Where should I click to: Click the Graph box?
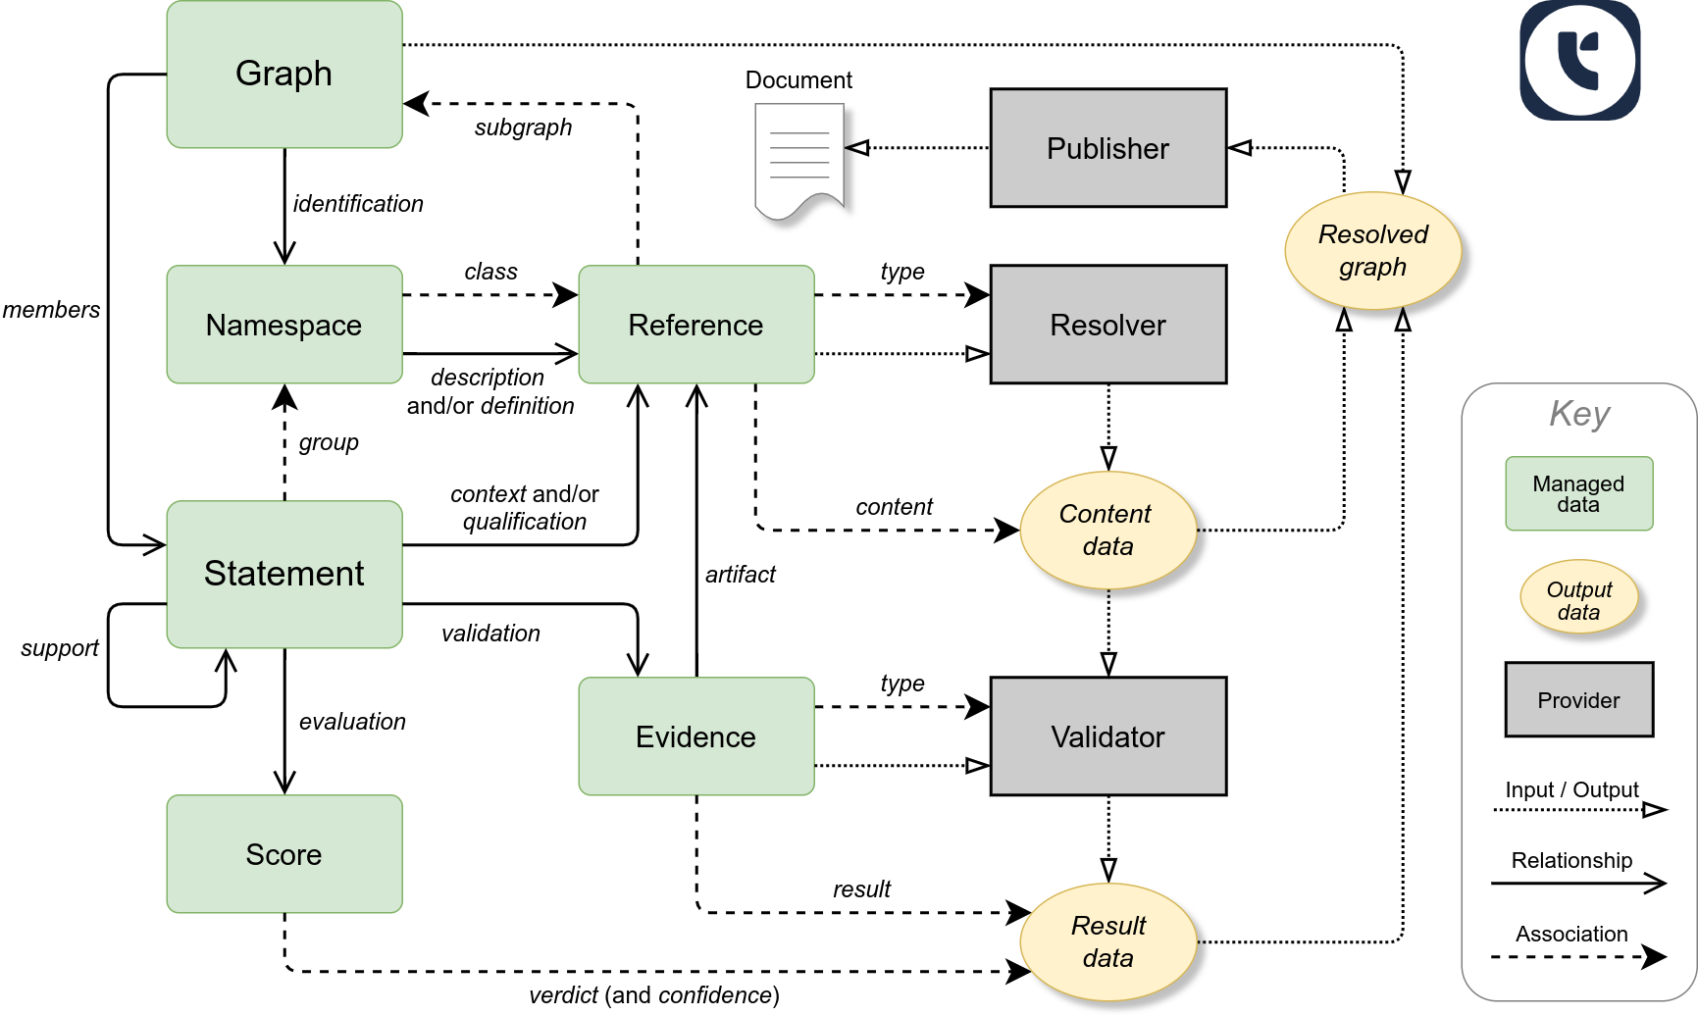tap(284, 75)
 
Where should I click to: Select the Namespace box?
tap(284, 325)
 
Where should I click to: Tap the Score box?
tap(284, 854)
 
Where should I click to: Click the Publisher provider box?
tap(1107, 148)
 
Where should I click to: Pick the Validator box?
tap(1107, 736)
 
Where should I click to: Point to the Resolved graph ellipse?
tap(1372, 251)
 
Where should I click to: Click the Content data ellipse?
tap(1107, 531)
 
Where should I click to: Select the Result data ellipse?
tap(1107, 942)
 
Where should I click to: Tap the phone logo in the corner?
tap(1579, 61)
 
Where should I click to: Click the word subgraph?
tap(523, 127)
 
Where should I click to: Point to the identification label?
tap(358, 204)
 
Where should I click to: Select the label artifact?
tap(740, 575)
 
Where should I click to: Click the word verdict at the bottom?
tap(563, 995)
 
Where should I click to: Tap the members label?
tap(51, 310)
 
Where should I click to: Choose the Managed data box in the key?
tap(1578, 493)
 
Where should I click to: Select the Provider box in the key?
tap(1578, 699)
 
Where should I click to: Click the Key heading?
tap(1578, 414)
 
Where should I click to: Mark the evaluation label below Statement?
tap(352, 722)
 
